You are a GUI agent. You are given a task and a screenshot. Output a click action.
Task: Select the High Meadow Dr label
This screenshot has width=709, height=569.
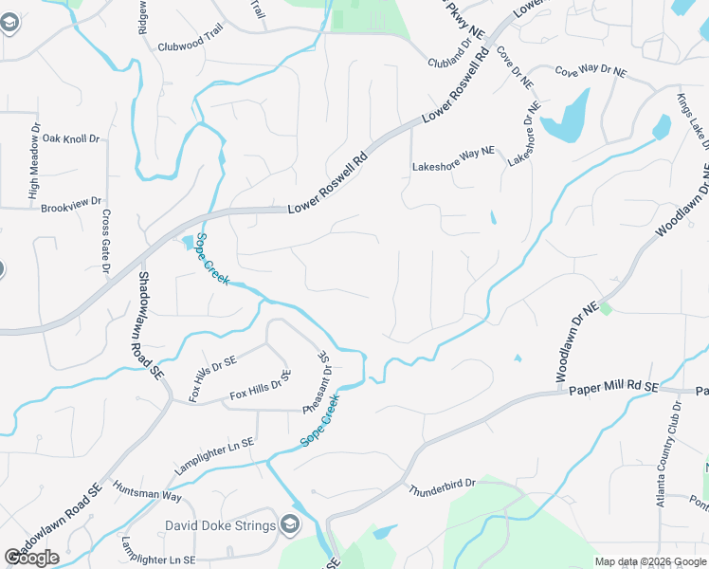pyautogui.click(x=35, y=165)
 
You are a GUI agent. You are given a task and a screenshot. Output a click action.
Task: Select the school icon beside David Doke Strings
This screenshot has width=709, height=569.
pyautogui.click(x=290, y=525)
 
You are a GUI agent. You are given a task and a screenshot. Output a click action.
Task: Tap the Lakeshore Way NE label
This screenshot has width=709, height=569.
pyautogui.click(x=453, y=167)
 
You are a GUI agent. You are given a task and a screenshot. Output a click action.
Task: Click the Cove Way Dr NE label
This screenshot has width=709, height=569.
pyautogui.click(x=591, y=71)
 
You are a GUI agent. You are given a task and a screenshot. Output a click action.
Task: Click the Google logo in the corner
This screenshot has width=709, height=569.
pyautogui.click(x=31, y=558)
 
